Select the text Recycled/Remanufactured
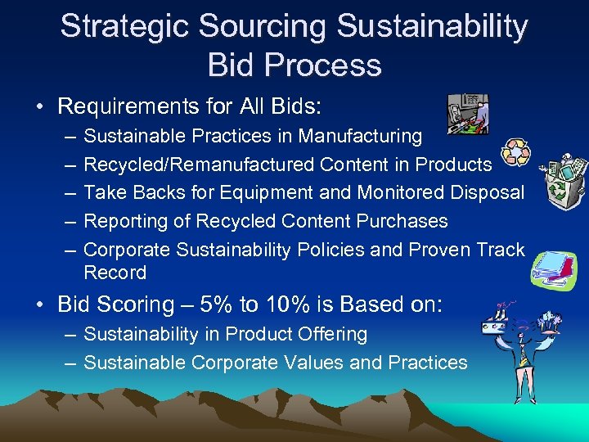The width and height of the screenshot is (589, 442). [199, 165]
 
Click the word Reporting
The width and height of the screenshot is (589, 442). [127, 221]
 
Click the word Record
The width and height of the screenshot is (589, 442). [115, 273]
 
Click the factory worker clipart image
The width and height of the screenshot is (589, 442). [468, 114]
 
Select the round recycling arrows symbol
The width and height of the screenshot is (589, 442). [516, 153]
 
